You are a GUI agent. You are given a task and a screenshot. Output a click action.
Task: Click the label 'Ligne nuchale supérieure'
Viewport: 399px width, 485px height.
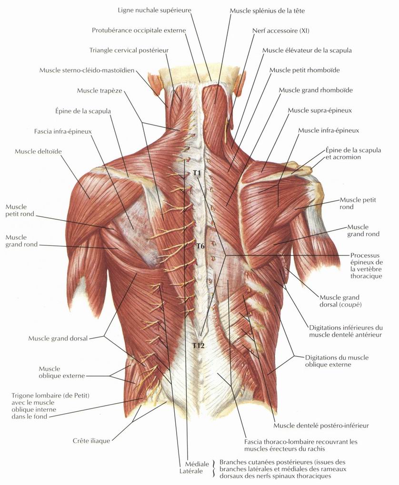point(154,10)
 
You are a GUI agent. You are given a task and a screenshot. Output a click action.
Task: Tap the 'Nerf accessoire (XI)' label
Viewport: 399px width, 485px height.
point(280,30)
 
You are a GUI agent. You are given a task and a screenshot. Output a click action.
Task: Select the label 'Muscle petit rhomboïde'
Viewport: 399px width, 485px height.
point(305,70)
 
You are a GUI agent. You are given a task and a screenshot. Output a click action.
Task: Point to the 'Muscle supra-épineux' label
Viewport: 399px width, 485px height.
point(319,110)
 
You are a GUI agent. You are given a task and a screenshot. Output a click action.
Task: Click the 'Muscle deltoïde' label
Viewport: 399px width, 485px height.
point(38,152)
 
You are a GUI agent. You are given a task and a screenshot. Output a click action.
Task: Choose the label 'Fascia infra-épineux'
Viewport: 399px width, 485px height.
point(63,131)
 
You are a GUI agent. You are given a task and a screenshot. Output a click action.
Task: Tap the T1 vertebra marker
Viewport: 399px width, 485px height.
point(197,173)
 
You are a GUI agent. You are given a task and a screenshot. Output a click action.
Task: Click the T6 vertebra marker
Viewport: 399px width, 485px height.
point(200,246)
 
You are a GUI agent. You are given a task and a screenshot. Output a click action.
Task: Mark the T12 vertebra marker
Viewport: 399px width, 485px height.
point(198,346)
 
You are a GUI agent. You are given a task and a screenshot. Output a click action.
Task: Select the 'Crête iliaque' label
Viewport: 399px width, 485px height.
point(91,441)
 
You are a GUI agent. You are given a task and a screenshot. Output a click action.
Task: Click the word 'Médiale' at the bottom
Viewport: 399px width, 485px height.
point(197,464)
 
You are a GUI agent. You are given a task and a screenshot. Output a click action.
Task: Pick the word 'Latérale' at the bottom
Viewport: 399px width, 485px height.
point(191,471)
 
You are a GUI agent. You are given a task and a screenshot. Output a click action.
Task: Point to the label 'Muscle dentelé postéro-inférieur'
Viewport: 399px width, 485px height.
point(321,426)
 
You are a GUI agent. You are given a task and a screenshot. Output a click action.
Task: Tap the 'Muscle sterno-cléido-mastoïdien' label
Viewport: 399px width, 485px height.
point(87,70)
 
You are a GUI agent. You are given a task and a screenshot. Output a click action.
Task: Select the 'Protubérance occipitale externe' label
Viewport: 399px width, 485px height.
point(139,30)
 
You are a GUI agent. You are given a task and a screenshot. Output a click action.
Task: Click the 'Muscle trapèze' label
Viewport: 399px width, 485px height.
point(100,91)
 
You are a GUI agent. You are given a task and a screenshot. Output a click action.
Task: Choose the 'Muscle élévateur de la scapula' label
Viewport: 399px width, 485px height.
point(307,50)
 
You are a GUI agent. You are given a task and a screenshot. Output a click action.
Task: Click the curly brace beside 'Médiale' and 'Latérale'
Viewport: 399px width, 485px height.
point(213,468)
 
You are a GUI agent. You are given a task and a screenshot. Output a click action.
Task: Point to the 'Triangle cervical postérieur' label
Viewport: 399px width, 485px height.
point(129,50)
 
